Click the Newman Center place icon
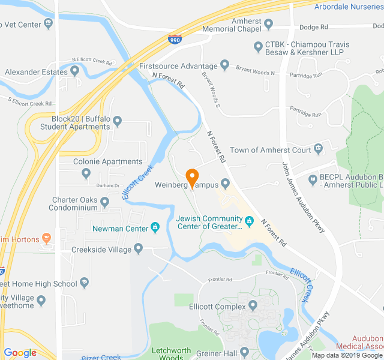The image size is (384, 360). coord(155,228)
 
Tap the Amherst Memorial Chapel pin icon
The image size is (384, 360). coord(268,25)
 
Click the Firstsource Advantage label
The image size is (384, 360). coord(178,65)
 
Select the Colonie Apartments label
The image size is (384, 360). coord(107,161)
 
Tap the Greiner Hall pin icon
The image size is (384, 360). coord(245,352)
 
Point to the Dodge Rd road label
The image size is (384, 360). coord(313,27)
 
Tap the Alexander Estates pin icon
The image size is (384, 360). coord(75,71)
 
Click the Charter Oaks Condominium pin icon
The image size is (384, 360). coord(104,202)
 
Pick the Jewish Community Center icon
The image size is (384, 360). coord(249,222)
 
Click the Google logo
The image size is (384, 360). coord(20,353)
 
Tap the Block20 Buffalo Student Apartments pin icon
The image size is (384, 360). coord(118,122)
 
